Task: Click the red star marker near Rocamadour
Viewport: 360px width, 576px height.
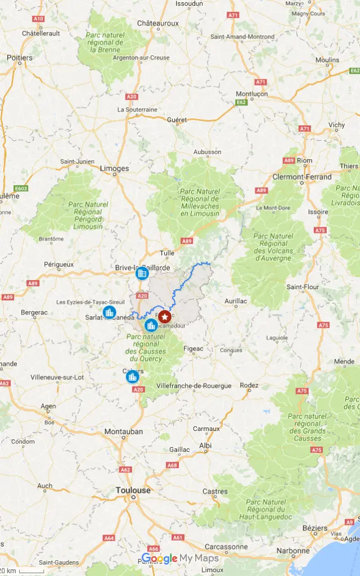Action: click(x=164, y=317)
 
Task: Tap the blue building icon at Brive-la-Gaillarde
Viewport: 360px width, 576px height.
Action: click(x=142, y=274)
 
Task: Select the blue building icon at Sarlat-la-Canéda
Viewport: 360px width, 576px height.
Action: click(x=110, y=312)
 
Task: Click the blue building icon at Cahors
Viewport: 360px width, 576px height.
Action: click(x=132, y=376)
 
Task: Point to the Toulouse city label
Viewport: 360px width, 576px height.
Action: click(x=133, y=490)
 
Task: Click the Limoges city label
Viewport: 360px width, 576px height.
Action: click(x=114, y=168)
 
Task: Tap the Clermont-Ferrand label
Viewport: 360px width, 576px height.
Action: click(x=302, y=177)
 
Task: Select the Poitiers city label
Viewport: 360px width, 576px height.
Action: click(x=20, y=57)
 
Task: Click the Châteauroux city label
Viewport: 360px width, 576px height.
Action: click(x=158, y=23)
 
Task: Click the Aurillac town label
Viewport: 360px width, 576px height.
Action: click(x=236, y=301)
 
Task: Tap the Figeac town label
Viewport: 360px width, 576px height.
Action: click(x=193, y=349)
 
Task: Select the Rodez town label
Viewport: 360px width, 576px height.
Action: click(x=249, y=385)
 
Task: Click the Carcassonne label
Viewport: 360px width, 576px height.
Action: click(x=225, y=546)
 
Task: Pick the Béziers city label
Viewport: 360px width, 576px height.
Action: click(x=314, y=528)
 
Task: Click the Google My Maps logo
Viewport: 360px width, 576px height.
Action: click(x=179, y=559)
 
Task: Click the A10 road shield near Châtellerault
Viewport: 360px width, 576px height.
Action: click(x=38, y=19)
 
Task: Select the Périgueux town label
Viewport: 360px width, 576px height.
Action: click(x=59, y=264)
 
